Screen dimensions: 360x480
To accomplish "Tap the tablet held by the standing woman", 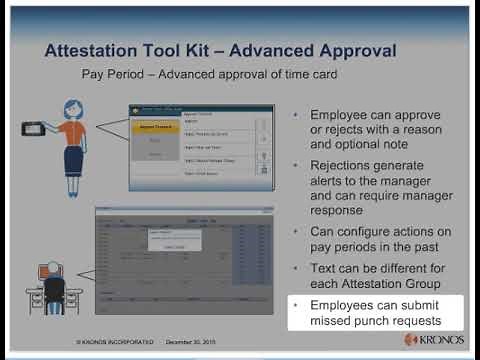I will (x=38, y=128).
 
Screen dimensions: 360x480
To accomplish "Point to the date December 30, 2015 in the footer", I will (x=193, y=341).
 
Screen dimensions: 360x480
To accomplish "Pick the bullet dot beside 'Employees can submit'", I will (x=296, y=303).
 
